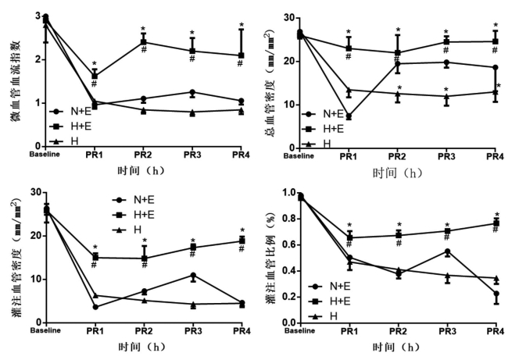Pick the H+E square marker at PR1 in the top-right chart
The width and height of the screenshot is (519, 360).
tap(349, 48)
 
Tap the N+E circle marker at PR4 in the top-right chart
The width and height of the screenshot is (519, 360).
tap(495, 67)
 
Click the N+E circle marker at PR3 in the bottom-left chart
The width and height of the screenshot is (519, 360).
tap(192, 276)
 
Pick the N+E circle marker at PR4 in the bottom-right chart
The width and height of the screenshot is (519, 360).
tap(496, 294)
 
